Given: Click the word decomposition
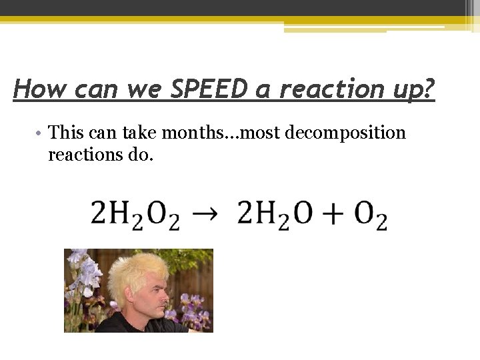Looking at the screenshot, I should (x=345, y=133).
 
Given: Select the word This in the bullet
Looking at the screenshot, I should (x=67, y=133).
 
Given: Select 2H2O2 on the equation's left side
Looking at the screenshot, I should (x=135, y=215).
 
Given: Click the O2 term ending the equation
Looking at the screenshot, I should (x=371, y=215).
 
